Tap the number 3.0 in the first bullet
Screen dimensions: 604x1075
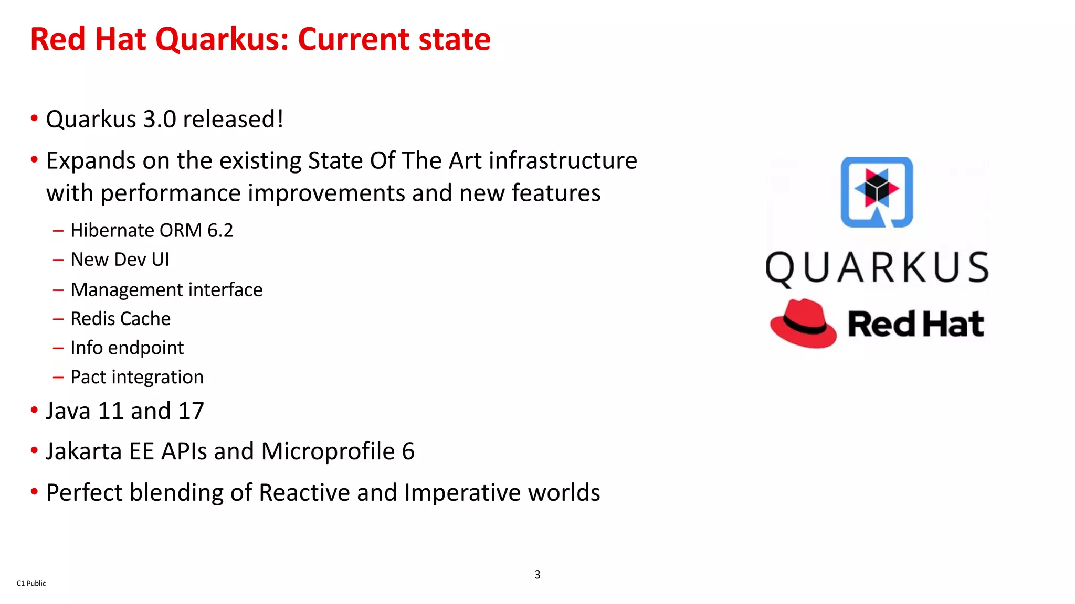[160, 120]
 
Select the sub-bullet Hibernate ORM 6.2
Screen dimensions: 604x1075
[152, 231]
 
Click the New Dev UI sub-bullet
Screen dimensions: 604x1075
[120, 260]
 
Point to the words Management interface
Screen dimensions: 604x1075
[166, 290]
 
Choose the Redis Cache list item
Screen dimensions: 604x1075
[120, 319]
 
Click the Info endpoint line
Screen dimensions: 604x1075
[127, 348]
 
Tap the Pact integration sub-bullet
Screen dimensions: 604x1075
[137, 377]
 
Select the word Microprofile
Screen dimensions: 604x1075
[328, 451]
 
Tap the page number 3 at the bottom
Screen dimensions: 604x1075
[537, 575]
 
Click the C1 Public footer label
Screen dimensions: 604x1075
[31, 583]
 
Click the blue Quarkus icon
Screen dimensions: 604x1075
[877, 192]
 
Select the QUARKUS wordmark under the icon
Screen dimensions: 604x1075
[877, 267]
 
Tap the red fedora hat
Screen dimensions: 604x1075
[803, 323]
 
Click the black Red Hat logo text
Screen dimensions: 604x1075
[915, 323]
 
